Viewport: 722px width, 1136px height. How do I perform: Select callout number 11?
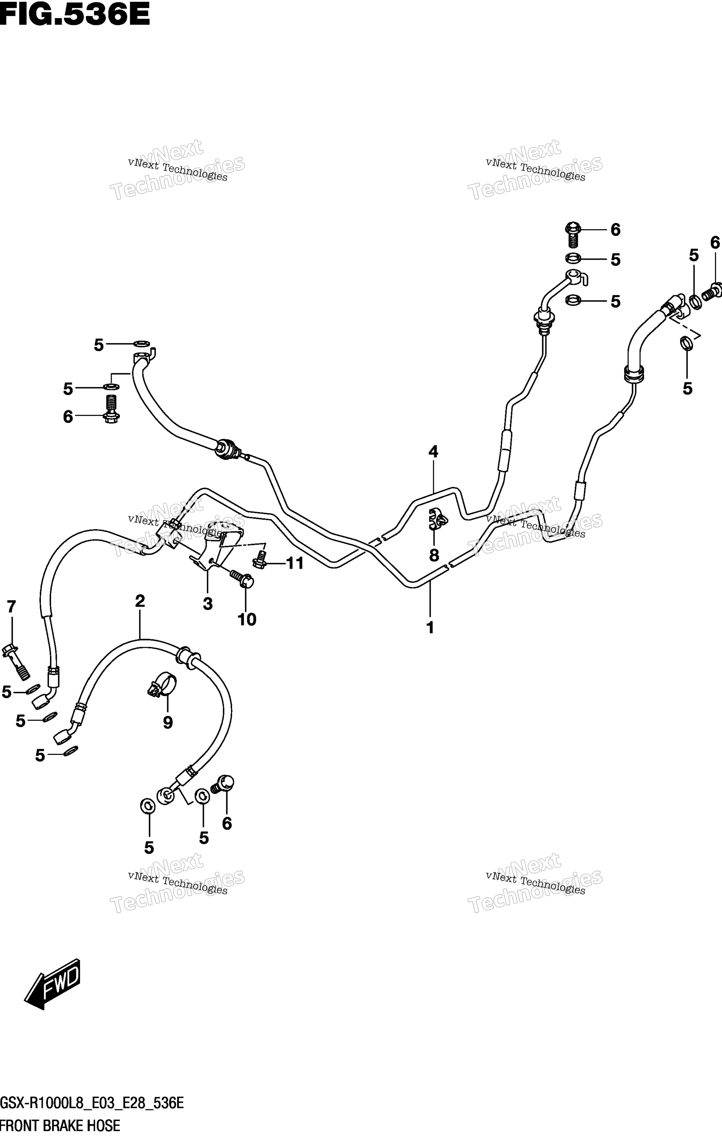click(x=295, y=563)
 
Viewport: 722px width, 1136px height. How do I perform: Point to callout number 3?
click(x=208, y=604)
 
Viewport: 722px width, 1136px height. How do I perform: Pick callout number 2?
click(x=140, y=601)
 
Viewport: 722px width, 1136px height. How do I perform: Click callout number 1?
click(x=430, y=627)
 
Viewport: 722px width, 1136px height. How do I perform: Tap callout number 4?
click(x=433, y=452)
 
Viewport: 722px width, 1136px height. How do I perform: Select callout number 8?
click(x=434, y=555)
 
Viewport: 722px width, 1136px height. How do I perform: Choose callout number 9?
click(x=168, y=723)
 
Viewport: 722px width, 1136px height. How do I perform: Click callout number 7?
click(x=11, y=607)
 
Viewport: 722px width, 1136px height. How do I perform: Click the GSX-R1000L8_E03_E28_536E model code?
click(x=92, y=1103)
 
